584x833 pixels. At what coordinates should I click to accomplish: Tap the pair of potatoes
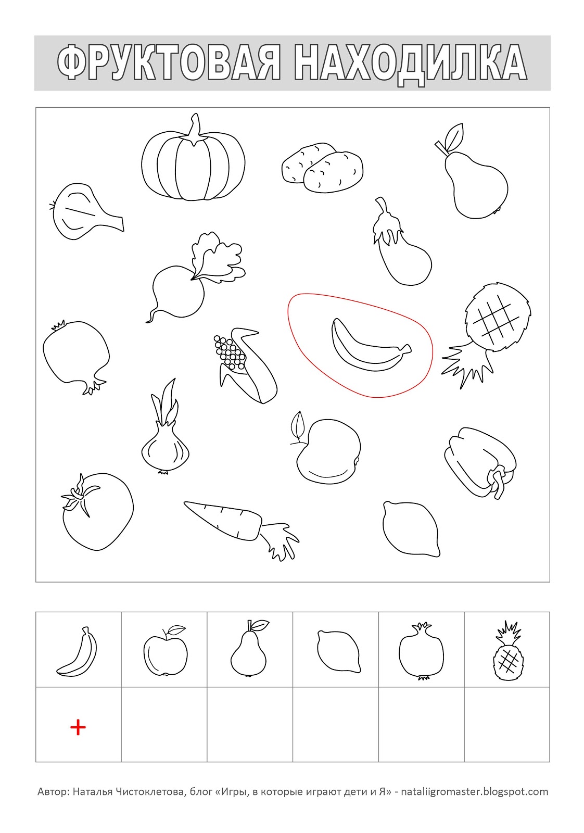(322, 167)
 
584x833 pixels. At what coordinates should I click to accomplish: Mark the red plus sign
(78, 727)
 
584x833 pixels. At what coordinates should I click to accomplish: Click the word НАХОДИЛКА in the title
(411, 63)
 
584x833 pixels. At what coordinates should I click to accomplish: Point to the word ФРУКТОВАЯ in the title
(169, 62)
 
